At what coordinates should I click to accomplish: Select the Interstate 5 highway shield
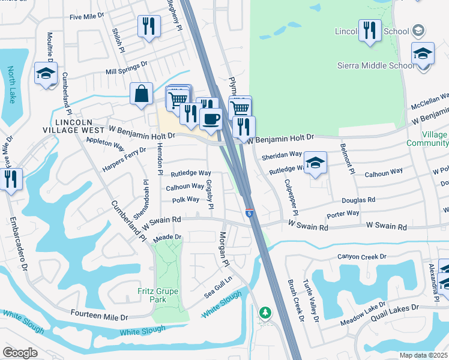tap(249, 213)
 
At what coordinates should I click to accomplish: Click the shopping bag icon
tap(141, 95)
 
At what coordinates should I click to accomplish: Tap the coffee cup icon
tap(211, 118)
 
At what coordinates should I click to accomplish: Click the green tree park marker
tap(265, 313)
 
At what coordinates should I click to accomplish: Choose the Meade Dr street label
tap(167, 238)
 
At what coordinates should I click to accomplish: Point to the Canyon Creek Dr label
tap(362, 257)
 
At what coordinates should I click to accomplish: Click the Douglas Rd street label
tap(358, 200)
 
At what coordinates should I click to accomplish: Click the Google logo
tap(20, 353)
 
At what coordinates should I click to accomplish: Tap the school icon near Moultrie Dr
tap(46, 74)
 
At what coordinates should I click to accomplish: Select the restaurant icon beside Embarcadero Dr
tap(11, 178)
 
